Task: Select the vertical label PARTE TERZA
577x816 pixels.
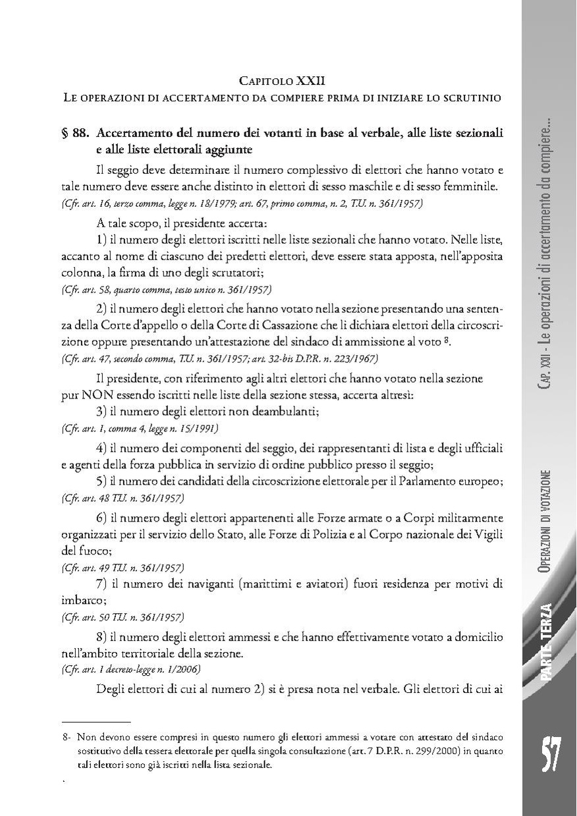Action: click(x=549, y=648)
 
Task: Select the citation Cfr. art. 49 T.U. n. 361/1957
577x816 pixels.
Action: click(x=123, y=567)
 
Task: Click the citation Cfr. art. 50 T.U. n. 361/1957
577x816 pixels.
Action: click(x=123, y=617)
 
